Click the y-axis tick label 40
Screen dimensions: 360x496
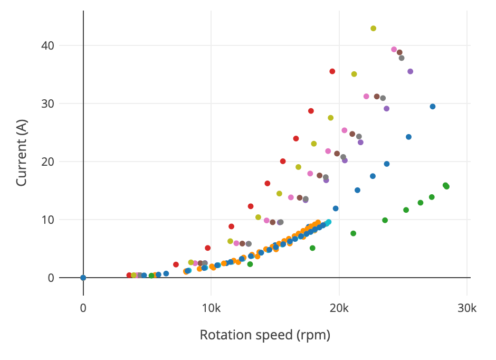point(47,45)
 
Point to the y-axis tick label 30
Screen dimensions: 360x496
point(47,103)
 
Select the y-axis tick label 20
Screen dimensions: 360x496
point(47,162)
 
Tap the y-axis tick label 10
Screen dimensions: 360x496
point(47,220)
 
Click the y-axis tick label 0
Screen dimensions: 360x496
point(51,278)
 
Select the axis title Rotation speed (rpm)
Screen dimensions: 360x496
point(265,335)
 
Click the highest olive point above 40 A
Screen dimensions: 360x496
point(373,29)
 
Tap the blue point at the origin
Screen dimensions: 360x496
point(83,278)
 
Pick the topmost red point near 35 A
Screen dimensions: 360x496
point(332,71)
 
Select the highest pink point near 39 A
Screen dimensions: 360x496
point(394,50)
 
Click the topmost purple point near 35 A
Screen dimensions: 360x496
point(410,71)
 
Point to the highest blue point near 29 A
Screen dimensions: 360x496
point(433,107)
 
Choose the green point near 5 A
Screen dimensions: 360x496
point(312,248)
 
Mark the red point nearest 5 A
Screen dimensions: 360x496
point(208,248)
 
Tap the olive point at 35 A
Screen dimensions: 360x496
point(354,74)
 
